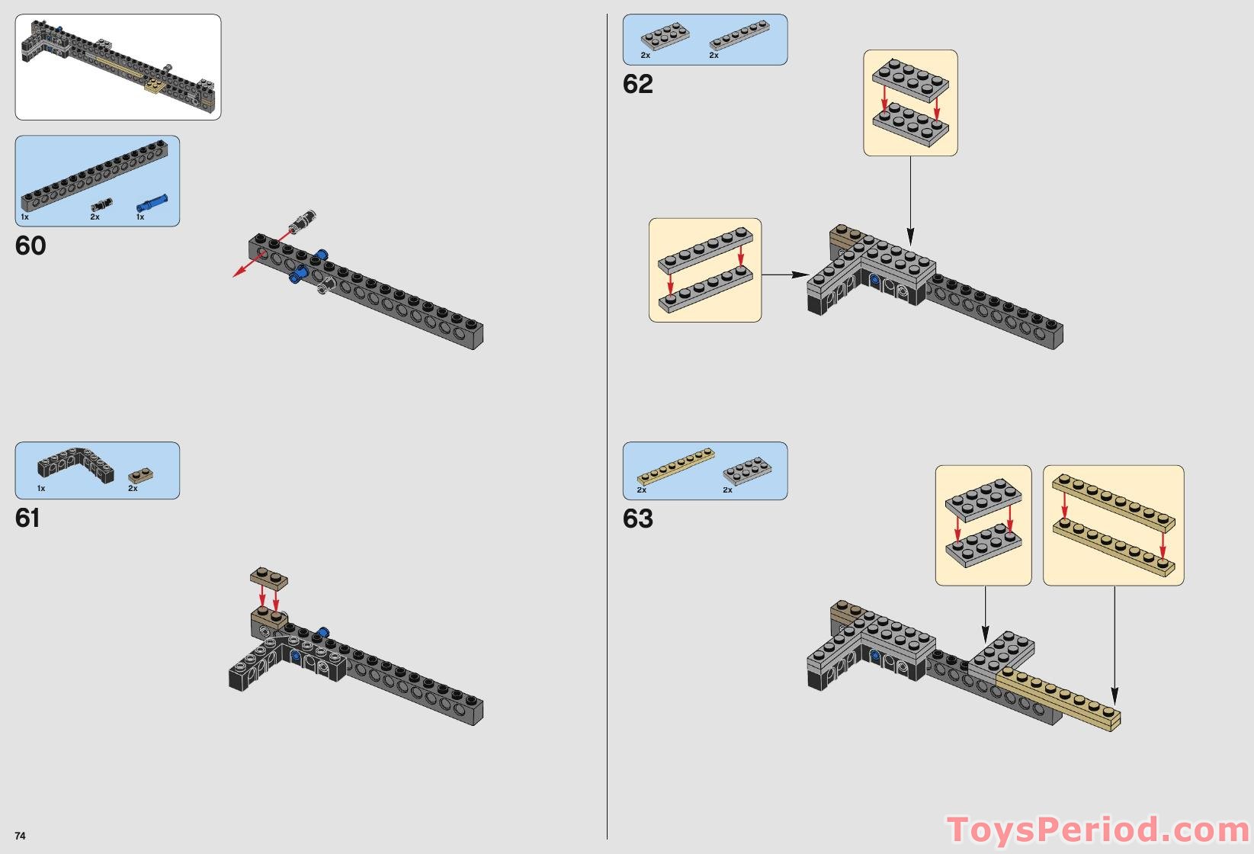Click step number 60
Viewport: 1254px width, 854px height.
coord(30,246)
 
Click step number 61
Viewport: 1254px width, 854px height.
coord(27,518)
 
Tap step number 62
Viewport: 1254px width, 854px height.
coord(638,84)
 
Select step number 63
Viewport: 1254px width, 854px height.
coord(638,518)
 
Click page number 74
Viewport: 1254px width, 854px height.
coord(20,836)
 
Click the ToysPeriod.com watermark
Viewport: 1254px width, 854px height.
coord(1098,829)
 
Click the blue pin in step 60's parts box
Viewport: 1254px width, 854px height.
coord(152,204)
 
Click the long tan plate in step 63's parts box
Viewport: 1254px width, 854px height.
coord(675,467)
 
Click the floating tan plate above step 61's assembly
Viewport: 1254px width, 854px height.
coord(269,578)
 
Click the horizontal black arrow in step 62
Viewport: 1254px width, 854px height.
coord(785,274)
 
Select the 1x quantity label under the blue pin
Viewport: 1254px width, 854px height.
coord(140,217)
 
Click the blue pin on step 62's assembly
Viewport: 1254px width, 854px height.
coord(874,281)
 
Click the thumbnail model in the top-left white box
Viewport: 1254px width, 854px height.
coord(118,65)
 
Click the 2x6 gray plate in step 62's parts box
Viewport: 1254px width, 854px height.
coord(665,37)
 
